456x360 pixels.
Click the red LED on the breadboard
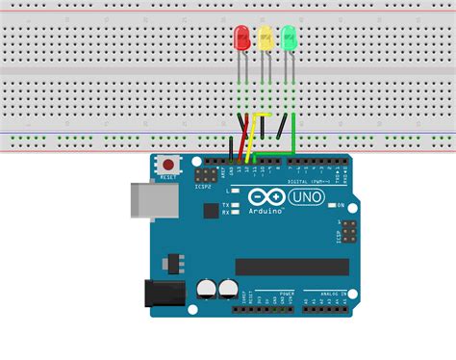coord(241,39)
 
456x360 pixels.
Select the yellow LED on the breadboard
coord(265,39)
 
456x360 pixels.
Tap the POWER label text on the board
coord(287,293)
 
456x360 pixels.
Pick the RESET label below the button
coord(169,178)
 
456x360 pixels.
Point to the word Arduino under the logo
coord(263,210)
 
